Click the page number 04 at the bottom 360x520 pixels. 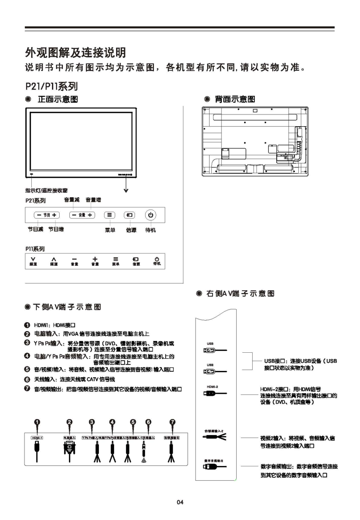[x=180, y=502]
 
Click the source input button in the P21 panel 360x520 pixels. [x=130, y=215]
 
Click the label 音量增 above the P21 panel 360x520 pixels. [x=93, y=199]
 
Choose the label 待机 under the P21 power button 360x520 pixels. [x=150, y=230]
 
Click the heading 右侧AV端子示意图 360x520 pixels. [x=240, y=293]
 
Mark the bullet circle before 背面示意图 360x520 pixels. [x=207, y=100]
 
